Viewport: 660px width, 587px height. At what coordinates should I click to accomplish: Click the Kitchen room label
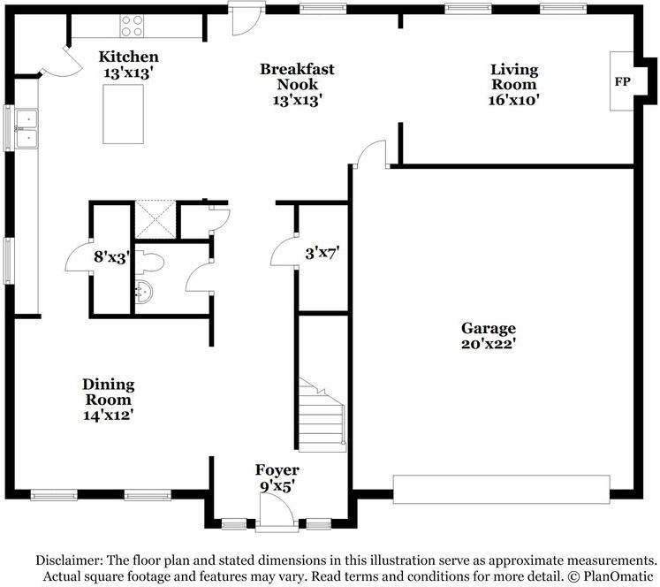point(128,57)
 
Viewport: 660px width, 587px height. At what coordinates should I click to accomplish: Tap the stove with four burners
point(132,26)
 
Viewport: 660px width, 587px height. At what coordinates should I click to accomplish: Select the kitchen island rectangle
point(124,114)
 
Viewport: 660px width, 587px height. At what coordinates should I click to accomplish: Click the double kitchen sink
point(27,128)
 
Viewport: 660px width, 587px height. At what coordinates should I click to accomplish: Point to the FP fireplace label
point(623,81)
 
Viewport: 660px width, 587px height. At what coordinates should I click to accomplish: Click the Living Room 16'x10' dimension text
point(513,100)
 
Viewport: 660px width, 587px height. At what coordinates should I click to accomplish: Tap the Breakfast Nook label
point(297,77)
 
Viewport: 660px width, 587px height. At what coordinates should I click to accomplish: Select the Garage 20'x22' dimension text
point(489,344)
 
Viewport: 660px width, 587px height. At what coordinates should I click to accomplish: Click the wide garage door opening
point(501,489)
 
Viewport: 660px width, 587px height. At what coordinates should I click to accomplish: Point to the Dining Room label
point(108,392)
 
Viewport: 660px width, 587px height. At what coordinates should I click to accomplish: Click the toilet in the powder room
point(149,263)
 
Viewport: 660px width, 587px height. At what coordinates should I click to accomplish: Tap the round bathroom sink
point(144,291)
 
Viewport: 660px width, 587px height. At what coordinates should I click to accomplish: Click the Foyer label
point(277,470)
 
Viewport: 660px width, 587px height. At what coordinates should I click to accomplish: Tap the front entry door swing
point(277,508)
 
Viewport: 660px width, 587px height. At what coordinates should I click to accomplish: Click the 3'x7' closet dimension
point(322,254)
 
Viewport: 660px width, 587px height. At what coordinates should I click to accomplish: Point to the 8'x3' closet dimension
point(110,256)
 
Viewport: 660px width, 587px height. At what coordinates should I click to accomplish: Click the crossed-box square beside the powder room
point(156,219)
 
